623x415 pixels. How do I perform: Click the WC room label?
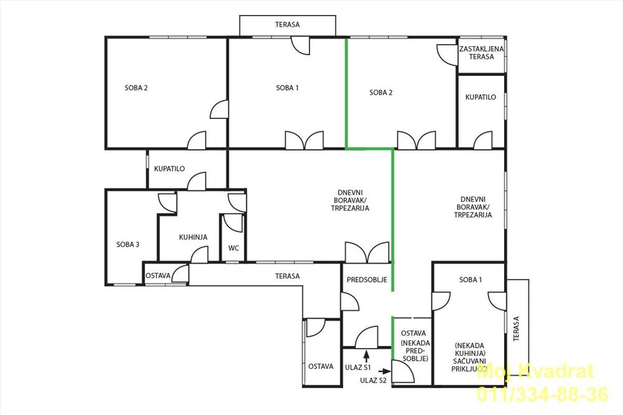click(x=234, y=248)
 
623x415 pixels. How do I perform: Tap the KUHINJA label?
click(x=193, y=237)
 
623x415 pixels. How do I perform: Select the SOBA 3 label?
click(x=128, y=244)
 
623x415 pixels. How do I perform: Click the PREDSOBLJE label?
click(x=367, y=280)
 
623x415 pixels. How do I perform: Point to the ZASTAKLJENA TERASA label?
click(x=481, y=53)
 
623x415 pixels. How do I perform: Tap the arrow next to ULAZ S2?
click(x=384, y=371)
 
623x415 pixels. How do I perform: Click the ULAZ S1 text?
click(x=358, y=368)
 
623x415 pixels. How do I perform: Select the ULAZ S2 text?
click(x=373, y=380)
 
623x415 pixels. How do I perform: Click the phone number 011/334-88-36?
click(x=543, y=394)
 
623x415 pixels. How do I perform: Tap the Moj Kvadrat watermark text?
click(x=535, y=371)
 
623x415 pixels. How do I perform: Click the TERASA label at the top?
click(x=287, y=25)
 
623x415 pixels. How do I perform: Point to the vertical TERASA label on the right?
click(x=516, y=329)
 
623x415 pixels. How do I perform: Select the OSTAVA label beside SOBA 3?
click(x=158, y=276)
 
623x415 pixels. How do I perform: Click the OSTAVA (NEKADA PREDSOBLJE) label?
click(x=413, y=346)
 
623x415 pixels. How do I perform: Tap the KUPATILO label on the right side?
click(x=481, y=97)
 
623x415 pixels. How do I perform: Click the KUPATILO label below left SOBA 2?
click(x=169, y=168)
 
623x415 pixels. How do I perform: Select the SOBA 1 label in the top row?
click(x=287, y=88)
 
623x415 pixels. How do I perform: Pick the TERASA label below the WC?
click(x=287, y=276)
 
